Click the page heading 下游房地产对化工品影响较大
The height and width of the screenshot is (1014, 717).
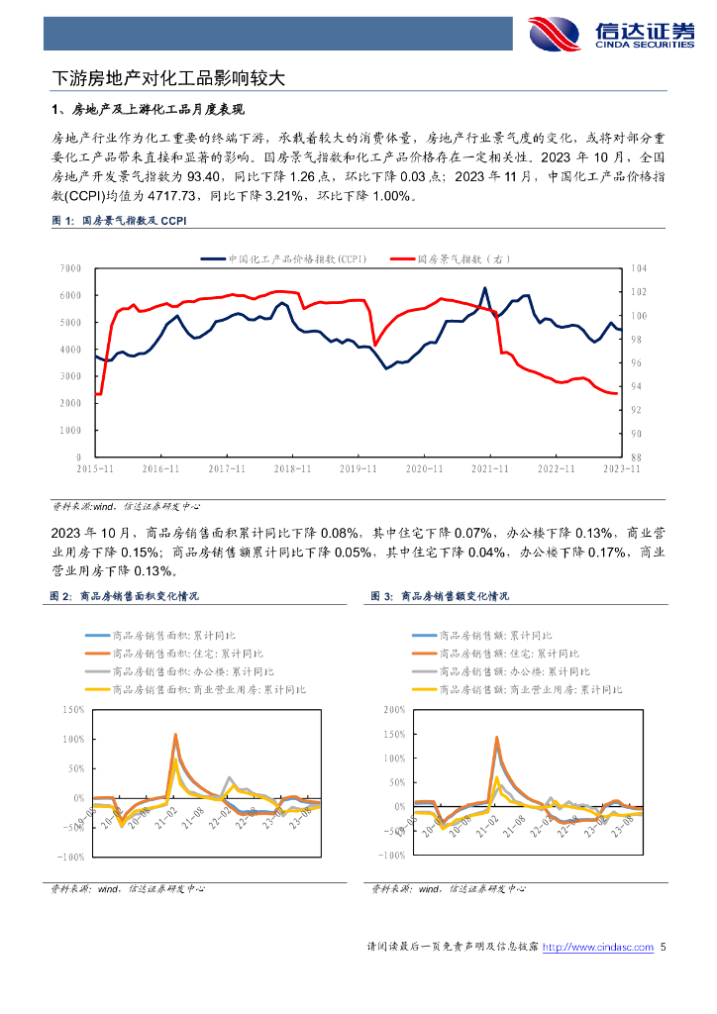[168, 76]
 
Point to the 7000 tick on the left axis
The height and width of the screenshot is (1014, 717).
[69, 268]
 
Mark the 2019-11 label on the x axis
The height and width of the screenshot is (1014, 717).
[357, 468]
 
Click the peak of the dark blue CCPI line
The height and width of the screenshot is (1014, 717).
[484, 288]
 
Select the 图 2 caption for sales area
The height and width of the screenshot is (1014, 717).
[124, 596]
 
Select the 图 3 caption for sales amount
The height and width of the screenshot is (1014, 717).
[441, 596]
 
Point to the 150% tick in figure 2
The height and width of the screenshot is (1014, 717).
[72, 710]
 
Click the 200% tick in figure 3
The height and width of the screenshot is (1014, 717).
[393, 710]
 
